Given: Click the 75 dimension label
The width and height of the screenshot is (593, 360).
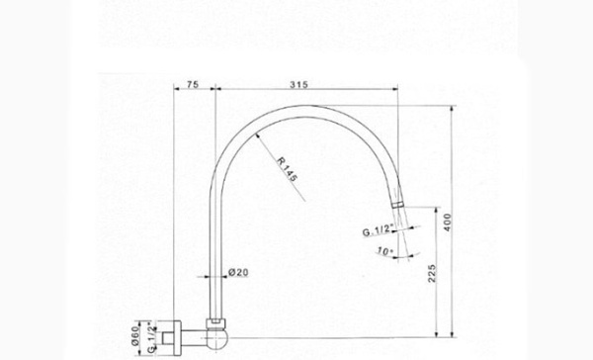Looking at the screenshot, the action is click(x=193, y=84).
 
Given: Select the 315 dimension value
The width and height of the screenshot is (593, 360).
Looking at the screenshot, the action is click(x=298, y=84).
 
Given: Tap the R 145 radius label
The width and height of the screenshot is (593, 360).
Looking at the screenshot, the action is click(x=287, y=169).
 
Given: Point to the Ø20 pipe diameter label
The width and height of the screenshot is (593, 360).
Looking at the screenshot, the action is click(x=238, y=272).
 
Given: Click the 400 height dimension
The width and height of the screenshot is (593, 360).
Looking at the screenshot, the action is click(x=448, y=223).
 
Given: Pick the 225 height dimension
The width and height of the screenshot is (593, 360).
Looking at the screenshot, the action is click(x=432, y=273).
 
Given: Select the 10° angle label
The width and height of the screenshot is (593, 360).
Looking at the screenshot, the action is click(x=385, y=251).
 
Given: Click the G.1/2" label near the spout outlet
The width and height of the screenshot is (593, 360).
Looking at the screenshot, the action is click(x=378, y=230).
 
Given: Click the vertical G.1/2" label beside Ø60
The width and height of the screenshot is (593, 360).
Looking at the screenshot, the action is click(x=152, y=337).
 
